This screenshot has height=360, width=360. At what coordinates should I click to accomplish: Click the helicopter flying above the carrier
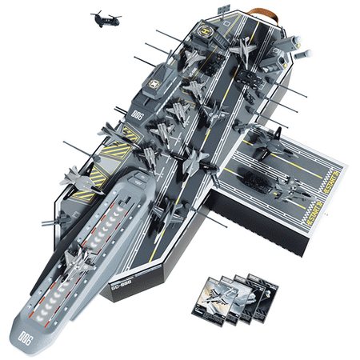coord(102,17)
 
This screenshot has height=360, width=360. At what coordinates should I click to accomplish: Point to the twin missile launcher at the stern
coord(303,55)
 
